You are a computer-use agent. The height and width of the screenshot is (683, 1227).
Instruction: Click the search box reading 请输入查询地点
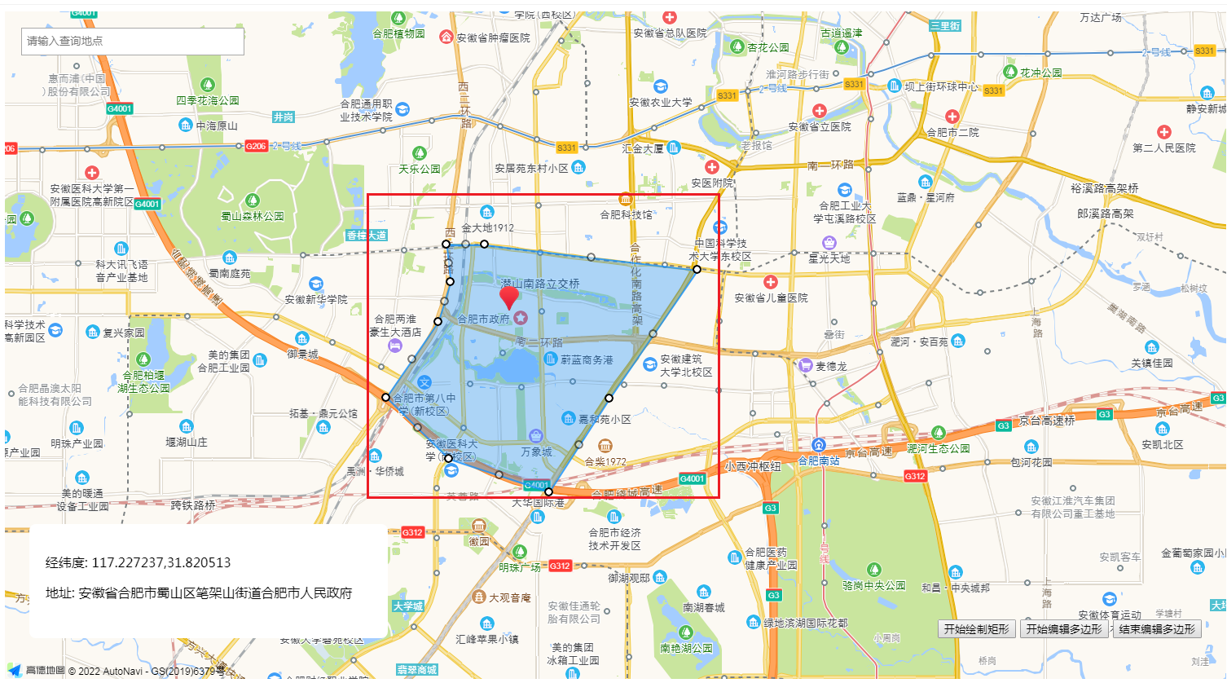click(x=132, y=41)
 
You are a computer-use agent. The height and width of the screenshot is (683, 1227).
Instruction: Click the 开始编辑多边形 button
click(x=1063, y=629)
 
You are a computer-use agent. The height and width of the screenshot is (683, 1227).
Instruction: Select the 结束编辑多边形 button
click(x=1156, y=629)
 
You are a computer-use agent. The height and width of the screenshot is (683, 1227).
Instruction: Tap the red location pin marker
click(x=509, y=297)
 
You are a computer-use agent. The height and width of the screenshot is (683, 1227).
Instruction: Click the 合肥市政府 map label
click(x=484, y=319)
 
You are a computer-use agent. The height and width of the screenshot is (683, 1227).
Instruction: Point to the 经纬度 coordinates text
click(x=138, y=562)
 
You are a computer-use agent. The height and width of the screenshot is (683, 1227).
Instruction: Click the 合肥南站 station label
click(x=818, y=460)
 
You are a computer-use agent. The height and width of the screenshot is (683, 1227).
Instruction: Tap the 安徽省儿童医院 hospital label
click(x=771, y=297)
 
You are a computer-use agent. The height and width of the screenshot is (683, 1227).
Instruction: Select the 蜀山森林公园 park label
click(x=253, y=216)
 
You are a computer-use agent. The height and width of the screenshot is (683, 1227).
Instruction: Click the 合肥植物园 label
click(x=398, y=33)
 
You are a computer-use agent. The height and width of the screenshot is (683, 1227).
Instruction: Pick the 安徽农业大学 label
click(x=661, y=102)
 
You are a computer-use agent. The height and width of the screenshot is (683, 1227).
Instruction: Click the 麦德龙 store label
click(x=831, y=366)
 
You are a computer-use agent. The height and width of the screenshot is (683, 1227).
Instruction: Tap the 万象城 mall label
click(x=536, y=452)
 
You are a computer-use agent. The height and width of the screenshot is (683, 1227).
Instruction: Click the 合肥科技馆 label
click(x=626, y=214)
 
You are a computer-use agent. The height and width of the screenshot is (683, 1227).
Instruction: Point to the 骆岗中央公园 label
click(x=873, y=585)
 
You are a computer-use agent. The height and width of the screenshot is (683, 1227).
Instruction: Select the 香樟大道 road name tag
click(x=366, y=235)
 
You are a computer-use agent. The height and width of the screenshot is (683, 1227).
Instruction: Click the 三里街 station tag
click(x=945, y=25)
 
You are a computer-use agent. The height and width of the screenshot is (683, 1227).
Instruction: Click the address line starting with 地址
click(x=199, y=593)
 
